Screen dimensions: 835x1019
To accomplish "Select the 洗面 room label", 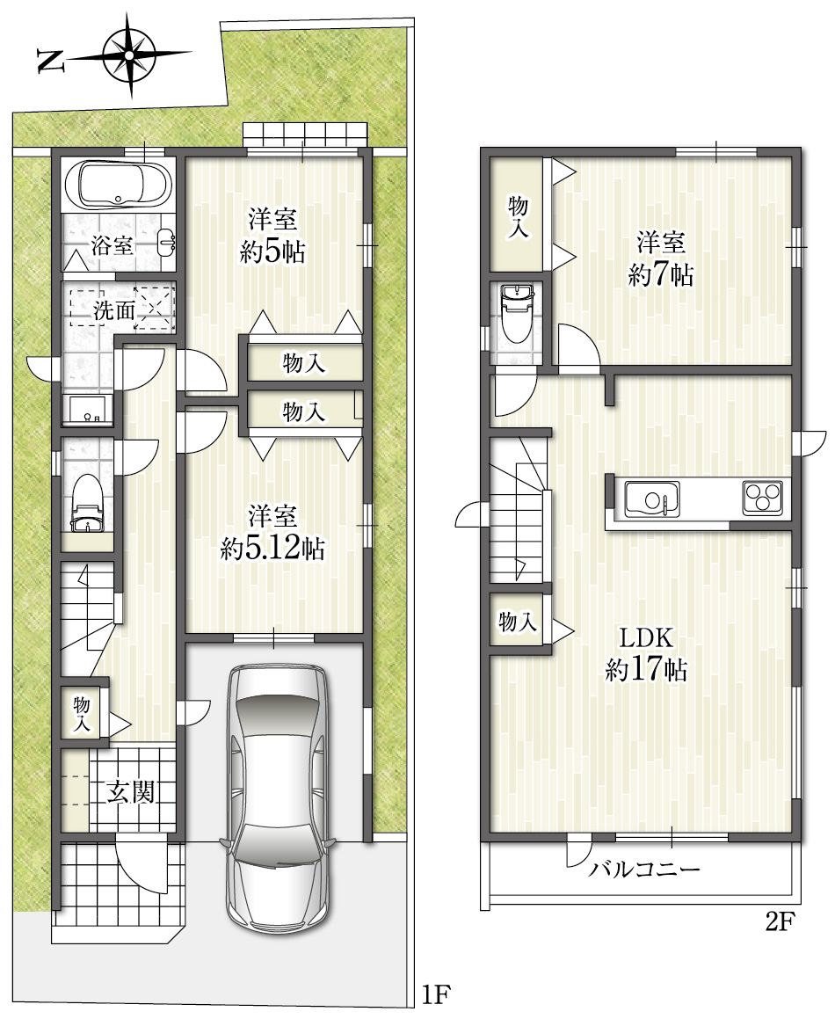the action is [x=113, y=310].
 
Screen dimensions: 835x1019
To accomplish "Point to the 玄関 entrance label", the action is [x=131, y=791].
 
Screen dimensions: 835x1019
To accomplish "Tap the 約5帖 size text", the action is [x=273, y=251].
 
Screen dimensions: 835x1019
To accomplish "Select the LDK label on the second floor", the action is [x=646, y=637].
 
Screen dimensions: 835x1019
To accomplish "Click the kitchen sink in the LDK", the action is [x=652, y=499].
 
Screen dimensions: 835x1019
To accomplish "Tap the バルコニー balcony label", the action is [x=644, y=869].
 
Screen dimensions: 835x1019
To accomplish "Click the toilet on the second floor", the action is [x=517, y=314].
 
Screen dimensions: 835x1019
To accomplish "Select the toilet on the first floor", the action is [x=87, y=505].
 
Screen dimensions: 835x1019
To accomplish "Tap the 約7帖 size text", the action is [x=661, y=275].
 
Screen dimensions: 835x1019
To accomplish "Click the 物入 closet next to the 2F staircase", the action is [x=518, y=622].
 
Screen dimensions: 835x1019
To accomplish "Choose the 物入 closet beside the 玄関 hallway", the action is [x=82, y=713].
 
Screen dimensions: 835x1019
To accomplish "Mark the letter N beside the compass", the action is [x=51, y=61].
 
